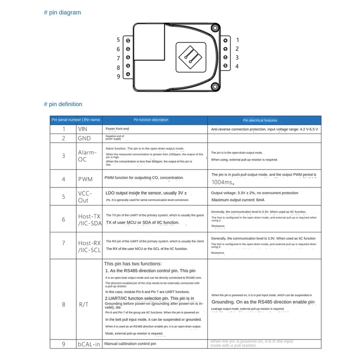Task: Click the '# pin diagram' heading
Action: tap(63, 13)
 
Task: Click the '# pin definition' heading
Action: tap(63, 104)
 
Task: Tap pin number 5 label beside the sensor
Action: tap(118, 40)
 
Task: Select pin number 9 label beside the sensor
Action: tap(118, 76)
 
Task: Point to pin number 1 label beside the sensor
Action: tap(237, 40)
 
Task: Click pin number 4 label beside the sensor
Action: tap(237, 67)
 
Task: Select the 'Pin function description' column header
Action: tap(151, 120)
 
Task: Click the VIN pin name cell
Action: tap(82, 129)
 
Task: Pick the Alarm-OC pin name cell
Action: tap(87, 156)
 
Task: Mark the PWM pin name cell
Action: tap(85, 179)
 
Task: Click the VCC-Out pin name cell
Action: tap(85, 197)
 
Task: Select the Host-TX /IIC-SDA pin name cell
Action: tap(89, 220)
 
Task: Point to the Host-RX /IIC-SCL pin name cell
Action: tap(89, 246)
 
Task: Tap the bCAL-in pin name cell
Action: tap(88, 344)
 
